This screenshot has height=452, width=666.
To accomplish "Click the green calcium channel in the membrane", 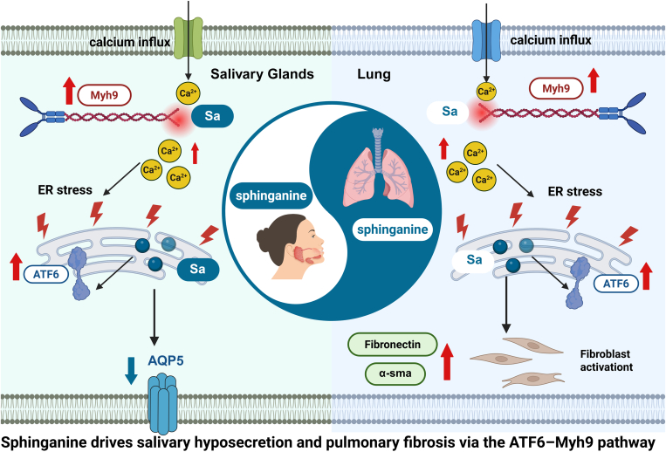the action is click(189, 38).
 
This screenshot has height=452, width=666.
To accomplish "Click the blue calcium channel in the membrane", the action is click(487, 38).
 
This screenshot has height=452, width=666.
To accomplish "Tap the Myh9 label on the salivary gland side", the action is click(104, 95).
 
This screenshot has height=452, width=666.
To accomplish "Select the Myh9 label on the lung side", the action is click(556, 88).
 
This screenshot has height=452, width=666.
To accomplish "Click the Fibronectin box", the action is click(393, 344).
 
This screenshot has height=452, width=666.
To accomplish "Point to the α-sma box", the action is click(395, 373).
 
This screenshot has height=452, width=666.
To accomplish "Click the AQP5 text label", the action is click(166, 360).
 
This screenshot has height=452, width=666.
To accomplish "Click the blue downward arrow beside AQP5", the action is click(131, 371).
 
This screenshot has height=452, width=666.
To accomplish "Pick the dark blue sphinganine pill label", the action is click(271, 195).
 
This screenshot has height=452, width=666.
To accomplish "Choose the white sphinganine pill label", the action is click(393, 229).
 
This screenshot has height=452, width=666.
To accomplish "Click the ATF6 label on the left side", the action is click(46, 274).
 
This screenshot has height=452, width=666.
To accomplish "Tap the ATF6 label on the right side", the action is click(616, 283).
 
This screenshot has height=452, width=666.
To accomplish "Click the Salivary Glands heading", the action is click(262, 74).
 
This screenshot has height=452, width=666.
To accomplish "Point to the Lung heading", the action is click(374, 74).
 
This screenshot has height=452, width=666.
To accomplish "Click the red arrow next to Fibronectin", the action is click(447, 361).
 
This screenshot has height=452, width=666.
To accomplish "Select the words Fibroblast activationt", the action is click(607, 360).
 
